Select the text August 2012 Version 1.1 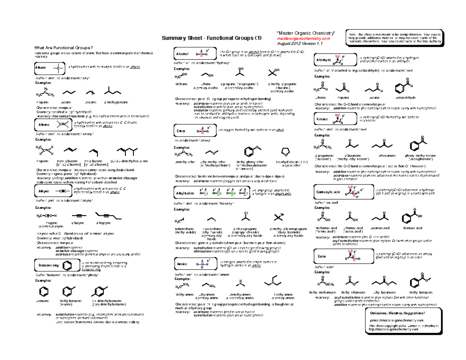click(x=299, y=44)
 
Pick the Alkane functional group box click(x=49, y=68)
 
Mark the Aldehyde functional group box click(x=332, y=60)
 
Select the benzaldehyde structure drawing click(x=401, y=88)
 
